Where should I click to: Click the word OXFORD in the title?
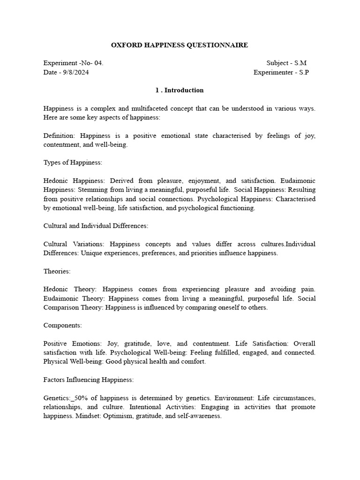125,45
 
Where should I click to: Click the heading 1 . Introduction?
180,90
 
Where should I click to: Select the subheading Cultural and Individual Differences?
96,225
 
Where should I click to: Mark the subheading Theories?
57,271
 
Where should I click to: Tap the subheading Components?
62,325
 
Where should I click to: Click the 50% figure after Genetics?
81,397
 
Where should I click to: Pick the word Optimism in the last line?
130,416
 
